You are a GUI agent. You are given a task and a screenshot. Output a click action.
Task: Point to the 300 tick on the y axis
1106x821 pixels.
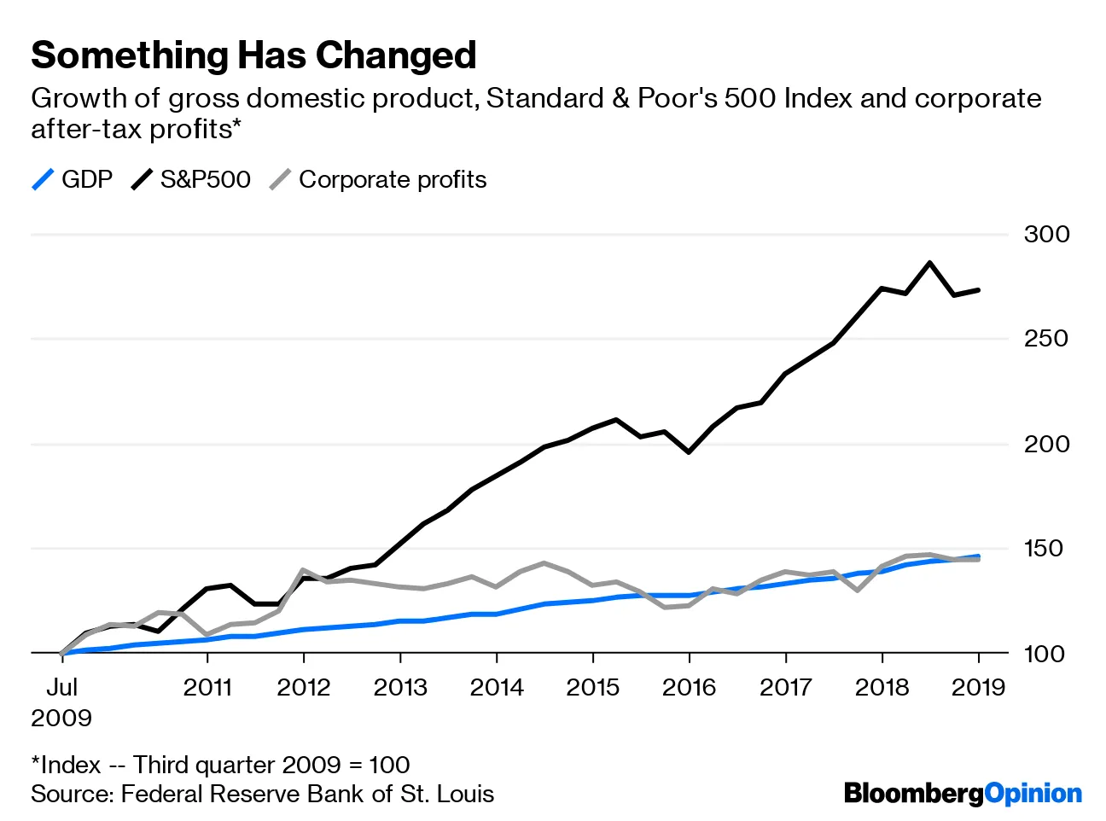1046,234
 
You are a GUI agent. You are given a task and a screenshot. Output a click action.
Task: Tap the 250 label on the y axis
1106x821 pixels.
1046,339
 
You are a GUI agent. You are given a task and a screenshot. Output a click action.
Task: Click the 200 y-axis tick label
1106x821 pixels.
1046,444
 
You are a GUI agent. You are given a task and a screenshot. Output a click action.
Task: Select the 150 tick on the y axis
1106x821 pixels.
1046,549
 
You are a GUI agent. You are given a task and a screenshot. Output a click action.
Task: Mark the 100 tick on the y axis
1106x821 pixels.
1046,654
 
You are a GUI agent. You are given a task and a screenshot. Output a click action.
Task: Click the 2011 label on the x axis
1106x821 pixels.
207,688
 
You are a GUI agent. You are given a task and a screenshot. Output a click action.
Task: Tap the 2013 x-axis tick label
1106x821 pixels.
400,688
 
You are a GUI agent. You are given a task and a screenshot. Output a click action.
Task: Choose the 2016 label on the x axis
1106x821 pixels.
689,688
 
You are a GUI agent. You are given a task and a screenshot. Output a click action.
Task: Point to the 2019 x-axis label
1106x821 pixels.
978,688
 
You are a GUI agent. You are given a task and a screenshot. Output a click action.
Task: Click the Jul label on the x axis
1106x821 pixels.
62,688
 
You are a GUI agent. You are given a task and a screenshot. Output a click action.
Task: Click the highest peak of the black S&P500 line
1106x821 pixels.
929,263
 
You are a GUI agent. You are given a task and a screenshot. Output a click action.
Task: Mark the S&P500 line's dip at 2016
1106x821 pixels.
689,451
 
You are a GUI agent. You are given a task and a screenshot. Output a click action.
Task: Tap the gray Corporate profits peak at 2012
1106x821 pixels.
303,569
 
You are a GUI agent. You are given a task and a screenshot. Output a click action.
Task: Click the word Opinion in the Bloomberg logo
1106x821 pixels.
1033,794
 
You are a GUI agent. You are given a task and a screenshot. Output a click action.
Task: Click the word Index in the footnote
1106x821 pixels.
71,765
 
